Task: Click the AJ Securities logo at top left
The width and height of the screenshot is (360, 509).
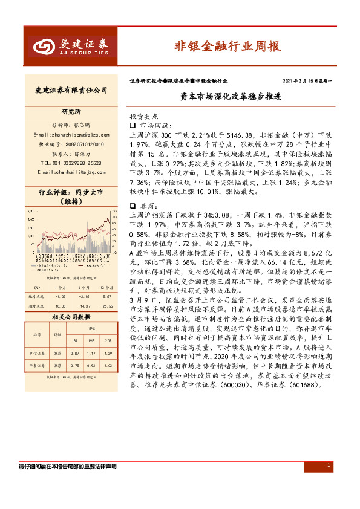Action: [71, 46]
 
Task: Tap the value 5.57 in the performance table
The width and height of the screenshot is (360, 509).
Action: [107, 297]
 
